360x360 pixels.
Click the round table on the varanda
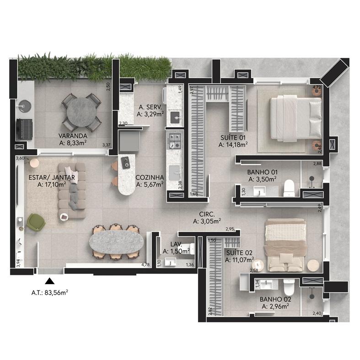click(81, 112)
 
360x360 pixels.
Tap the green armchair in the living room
click(36, 222)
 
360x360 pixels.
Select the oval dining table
click(116, 243)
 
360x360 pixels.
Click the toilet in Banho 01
click(289, 188)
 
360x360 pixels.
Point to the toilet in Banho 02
click(289, 287)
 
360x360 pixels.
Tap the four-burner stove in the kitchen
click(175, 141)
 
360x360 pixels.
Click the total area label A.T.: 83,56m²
click(49, 293)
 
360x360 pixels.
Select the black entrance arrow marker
click(49, 281)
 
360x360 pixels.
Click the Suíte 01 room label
click(233, 138)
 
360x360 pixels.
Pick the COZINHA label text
click(150, 177)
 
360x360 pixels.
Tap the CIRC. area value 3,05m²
click(207, 221)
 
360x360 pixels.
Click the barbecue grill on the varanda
click(24, 129)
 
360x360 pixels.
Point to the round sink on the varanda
click(25, 106)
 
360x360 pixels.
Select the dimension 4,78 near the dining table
click(145, 265)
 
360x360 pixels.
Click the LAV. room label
click(176, 244)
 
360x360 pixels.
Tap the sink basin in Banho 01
click(259, 191)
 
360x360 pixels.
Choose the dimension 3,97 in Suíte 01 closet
click(192, 90)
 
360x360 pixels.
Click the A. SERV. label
click(150, 107)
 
